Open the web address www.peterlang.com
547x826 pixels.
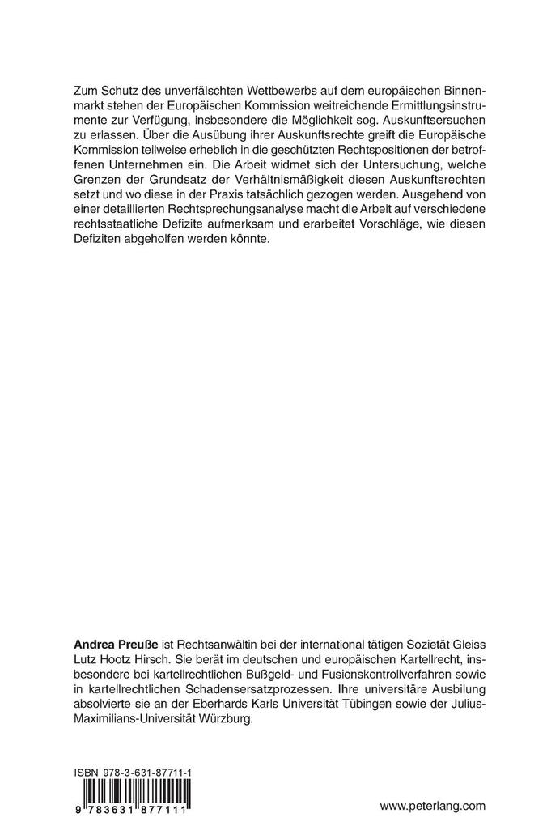(431, 805)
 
